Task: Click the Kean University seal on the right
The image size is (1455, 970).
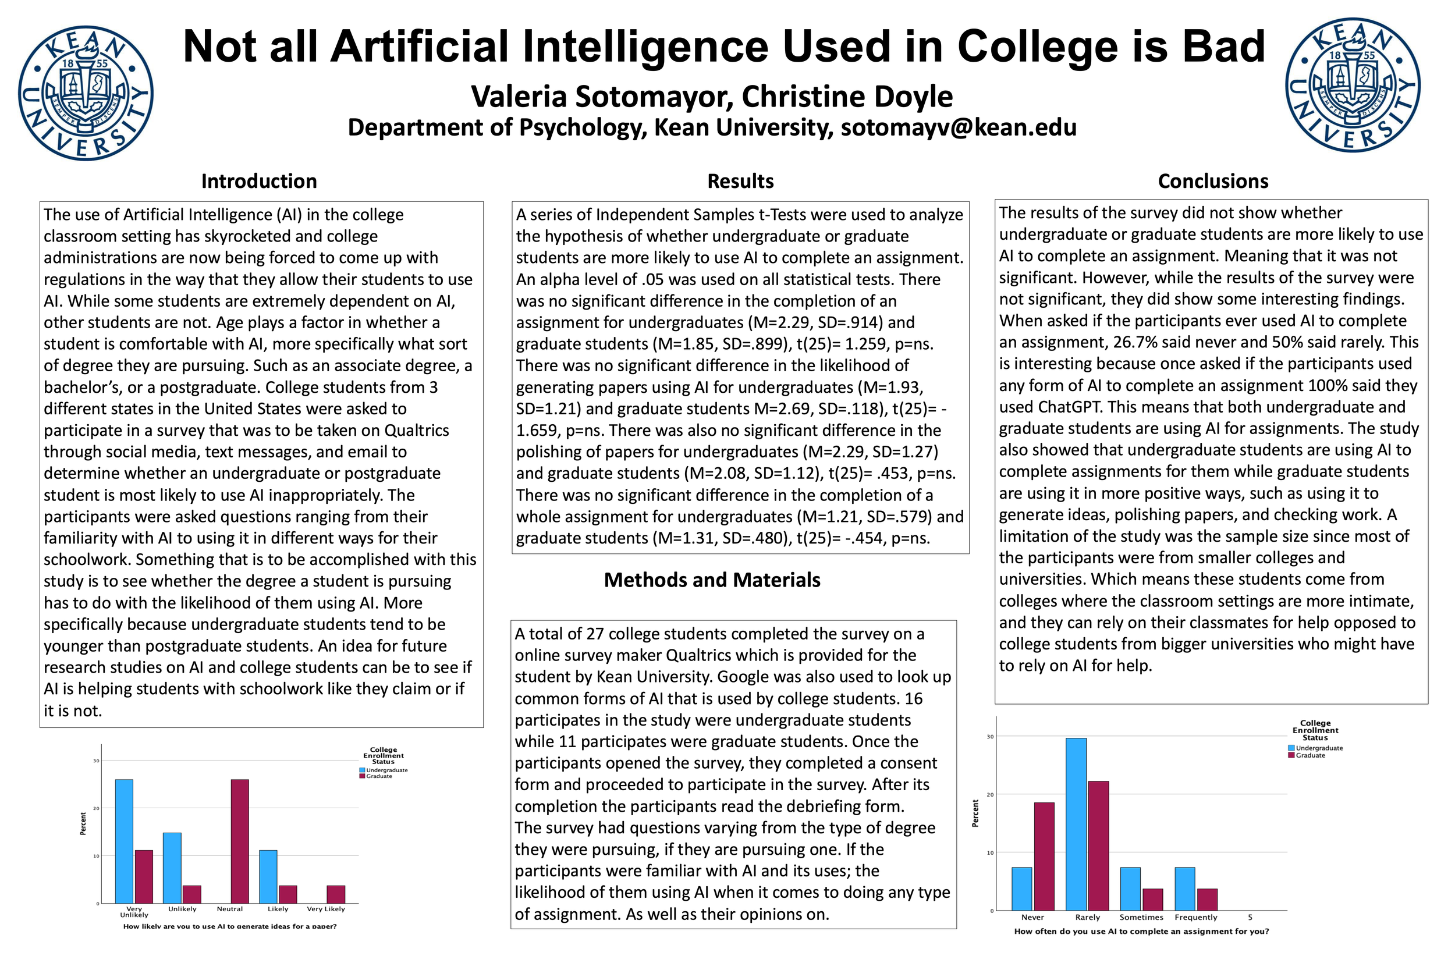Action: pos(1353,86)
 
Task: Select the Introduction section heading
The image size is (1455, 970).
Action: pos(259,181)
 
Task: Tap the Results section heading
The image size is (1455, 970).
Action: pos(740,181)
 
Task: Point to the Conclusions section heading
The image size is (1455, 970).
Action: pos(1213,181)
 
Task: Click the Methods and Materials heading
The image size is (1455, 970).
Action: pos(712,580)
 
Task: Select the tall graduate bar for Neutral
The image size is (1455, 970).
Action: pos(240,841)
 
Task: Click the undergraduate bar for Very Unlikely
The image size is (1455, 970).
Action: pos(124,841)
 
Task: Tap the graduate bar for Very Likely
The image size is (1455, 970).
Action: pos(336,894)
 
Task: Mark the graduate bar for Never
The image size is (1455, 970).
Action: pos(1044,856)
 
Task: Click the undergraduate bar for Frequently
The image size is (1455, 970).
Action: pos(1185,889)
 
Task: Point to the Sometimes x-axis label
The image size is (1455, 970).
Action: pos(1141,918)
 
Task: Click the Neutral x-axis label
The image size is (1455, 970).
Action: pos(229,909)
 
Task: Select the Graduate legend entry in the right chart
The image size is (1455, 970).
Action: pos(1310,755)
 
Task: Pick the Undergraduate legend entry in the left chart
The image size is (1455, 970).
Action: pos(386,770)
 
